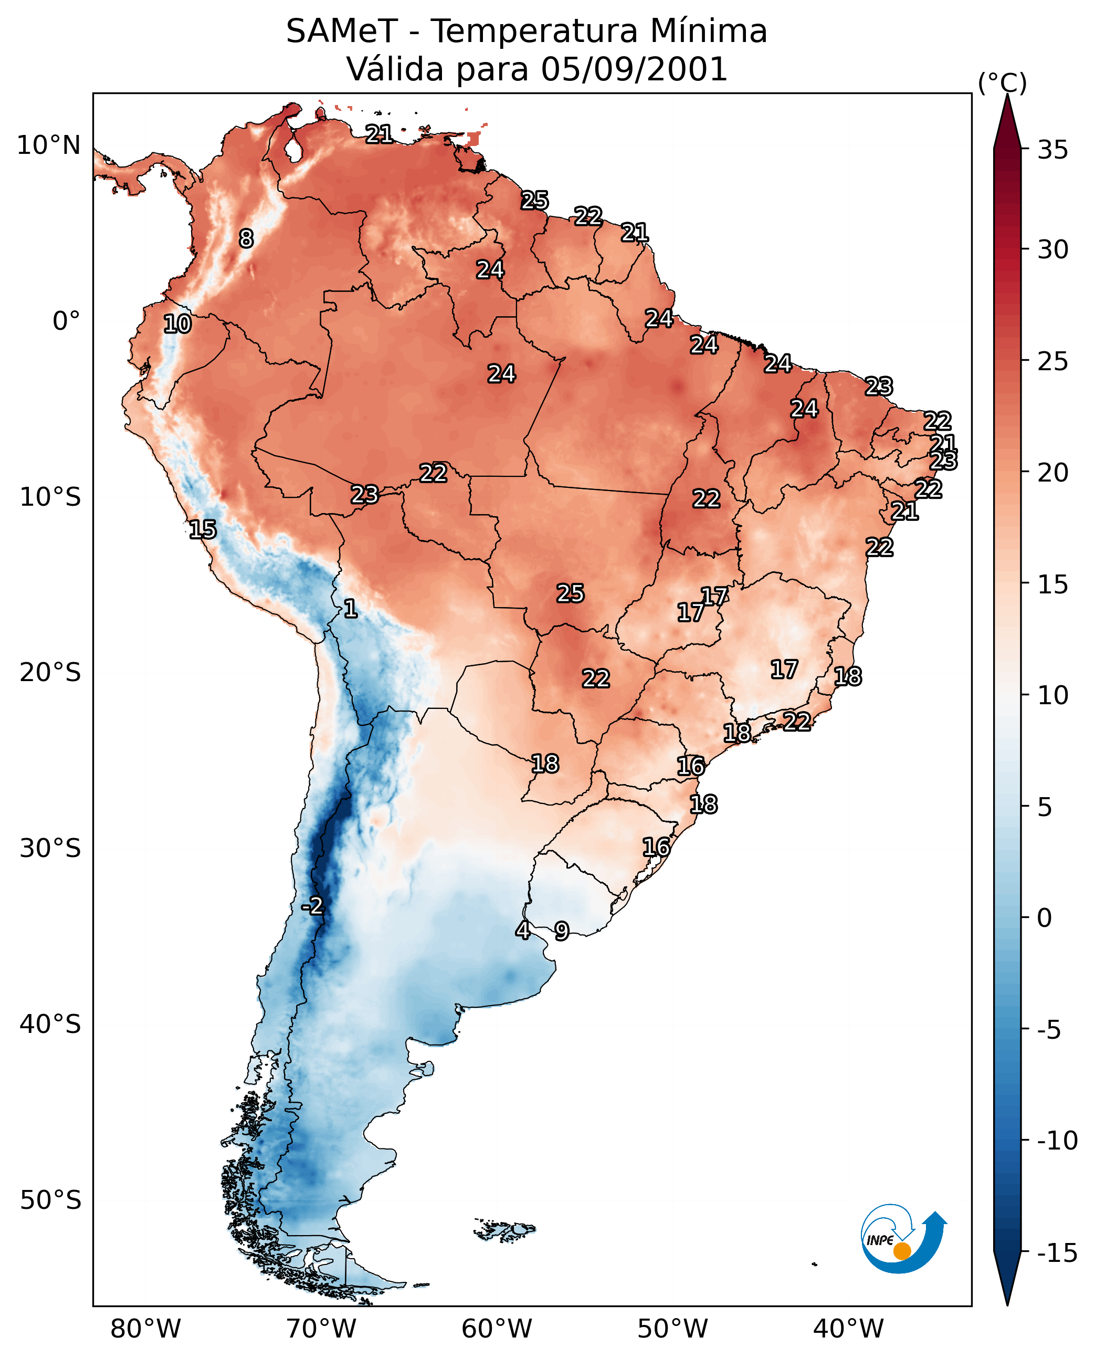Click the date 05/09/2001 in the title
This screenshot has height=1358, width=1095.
pyautogui.click(x=635, y=69)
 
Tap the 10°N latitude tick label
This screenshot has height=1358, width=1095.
pyautogui.click(x=49, y=146)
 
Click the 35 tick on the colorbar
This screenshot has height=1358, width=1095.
pyautogui.click(x=1052, y=150)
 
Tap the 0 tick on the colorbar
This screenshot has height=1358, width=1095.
pyautogui.click(x=1045, y=918)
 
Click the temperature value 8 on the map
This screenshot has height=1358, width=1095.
pyautogui.click(x=246, y=238)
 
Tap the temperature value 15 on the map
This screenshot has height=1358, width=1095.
pyautogui.click(x=203, y=529)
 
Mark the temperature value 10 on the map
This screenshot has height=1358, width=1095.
pyautogui.click(x=177, y=323)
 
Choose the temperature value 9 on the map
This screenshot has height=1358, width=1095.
pyautogui.click(x=561, y=931)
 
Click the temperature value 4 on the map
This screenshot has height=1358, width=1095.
pyautogui.click(x=523, y=929)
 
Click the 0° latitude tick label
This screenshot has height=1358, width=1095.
pyautogui.click(x=66, y=321)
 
